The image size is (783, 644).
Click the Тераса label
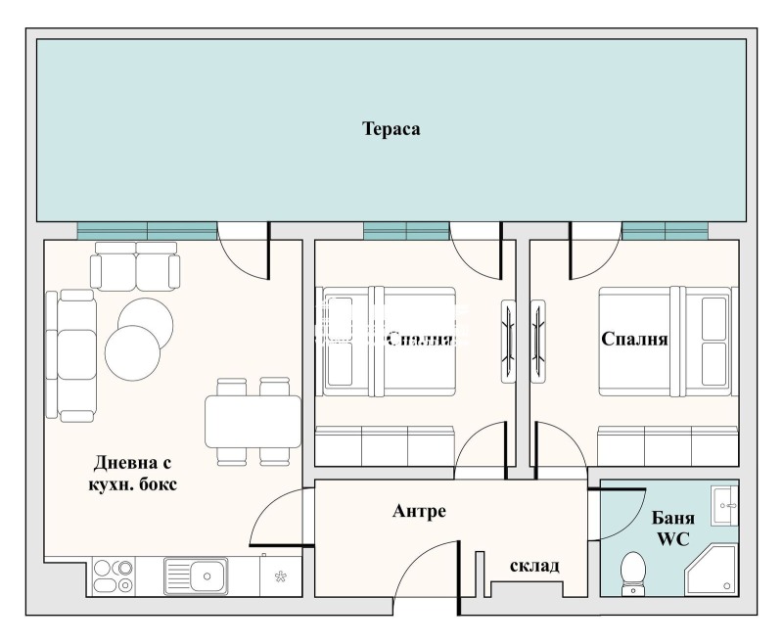pyautogui.click(x=391, y=128)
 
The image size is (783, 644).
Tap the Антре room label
pyautogui.click(x=419, y=511)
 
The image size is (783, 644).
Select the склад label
pyautogui.click(x=534, y=566)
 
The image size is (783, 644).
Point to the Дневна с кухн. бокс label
pyautogui.click(x=136, y=474)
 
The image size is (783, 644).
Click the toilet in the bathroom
pyautogui.click(x=633, y=573)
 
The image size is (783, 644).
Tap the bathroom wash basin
pyautogui.click(x=724, y=506)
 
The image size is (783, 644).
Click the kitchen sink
pyautogui.click(x=196, y=575)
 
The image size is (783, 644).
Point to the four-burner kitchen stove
pyautogui.click(x=114, y=575)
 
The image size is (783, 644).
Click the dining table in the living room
pyautogui.click(x=252, y=421)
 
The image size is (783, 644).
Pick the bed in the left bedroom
pyautogui.click(x=389, y=341)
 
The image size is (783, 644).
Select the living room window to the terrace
pyautogui.click(x=147, y=230)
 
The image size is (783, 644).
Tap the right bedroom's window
pyautogui.click(x=665, y=230)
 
